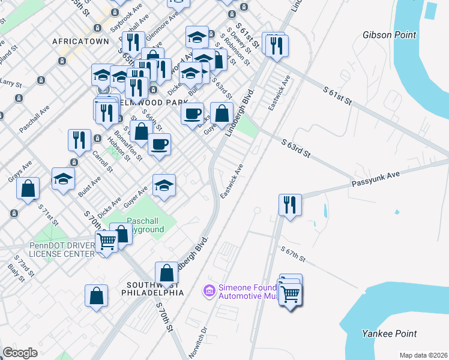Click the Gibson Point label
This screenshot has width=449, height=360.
[389, 35]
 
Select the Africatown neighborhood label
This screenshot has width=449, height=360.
[80, 41]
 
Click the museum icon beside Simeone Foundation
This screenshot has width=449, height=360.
[209, 291]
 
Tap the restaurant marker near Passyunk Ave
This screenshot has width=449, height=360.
[290, 205]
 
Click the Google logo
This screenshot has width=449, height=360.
[20, 353]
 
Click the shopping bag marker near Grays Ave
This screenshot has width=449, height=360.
[28, 188]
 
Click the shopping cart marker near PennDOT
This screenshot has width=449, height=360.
[106, 242]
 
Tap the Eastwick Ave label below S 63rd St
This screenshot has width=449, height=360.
[232, 182]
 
